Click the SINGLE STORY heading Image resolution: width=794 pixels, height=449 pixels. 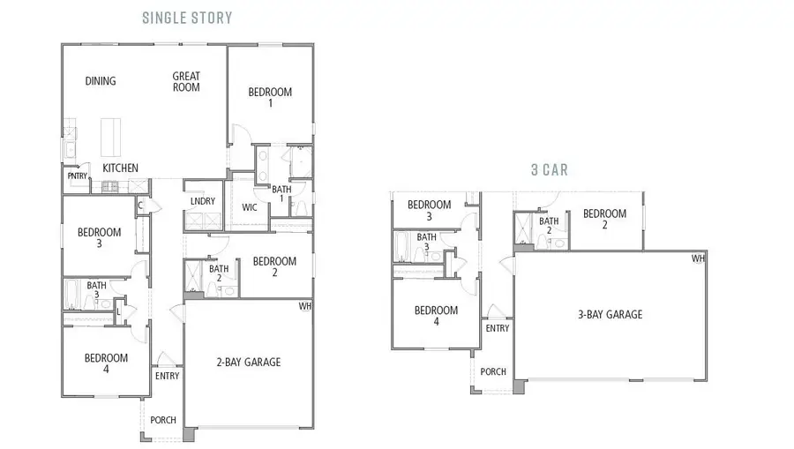(x=187, y=18)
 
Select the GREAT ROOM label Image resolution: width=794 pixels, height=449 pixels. (x=186, y=82)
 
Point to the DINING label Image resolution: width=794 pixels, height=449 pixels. (x=101, y=82)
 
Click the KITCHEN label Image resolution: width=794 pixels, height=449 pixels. (x=120, y=168)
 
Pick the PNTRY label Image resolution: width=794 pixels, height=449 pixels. (x=77, y=176)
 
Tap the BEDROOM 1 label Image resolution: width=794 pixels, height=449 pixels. (x=270, y=97)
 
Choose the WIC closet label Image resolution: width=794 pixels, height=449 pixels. (x=250, y=208)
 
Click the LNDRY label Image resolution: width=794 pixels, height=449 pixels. (x=202, y=201)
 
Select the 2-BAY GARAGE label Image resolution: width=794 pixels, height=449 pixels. (x=249, y=362)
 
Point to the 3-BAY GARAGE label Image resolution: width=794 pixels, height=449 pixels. (x=610, y=314)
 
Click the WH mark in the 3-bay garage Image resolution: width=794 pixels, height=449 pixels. (x=698, y=258)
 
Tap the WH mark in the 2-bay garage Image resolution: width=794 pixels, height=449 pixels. (x=305, y=306)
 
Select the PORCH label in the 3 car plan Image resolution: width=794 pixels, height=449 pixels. (x=493, y=372)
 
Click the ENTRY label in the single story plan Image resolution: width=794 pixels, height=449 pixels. (x=167, y=376)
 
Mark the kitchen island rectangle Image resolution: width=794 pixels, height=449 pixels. (x=109, y=137)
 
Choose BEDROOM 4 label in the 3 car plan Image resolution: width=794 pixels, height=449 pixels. (x=436, y=316)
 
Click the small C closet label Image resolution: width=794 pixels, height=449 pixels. (x=140, y=206)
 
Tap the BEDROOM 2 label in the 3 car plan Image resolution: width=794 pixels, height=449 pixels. (x=604, y=219)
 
